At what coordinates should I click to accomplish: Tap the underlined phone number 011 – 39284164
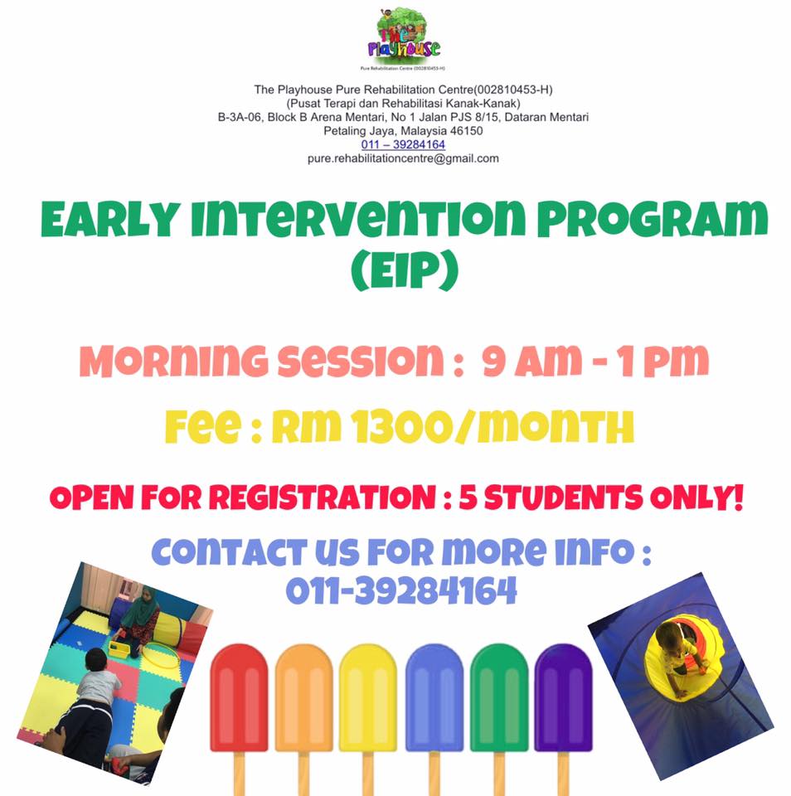[403, 144]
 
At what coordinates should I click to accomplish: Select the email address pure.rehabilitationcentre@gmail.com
[403, 158]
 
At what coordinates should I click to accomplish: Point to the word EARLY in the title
[110, 219]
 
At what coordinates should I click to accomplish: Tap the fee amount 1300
[402, 426]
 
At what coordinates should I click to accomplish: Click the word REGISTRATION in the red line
[322, 497]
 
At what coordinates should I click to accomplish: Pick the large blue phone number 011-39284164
[401, 590]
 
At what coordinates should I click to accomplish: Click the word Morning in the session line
[173, 361]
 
